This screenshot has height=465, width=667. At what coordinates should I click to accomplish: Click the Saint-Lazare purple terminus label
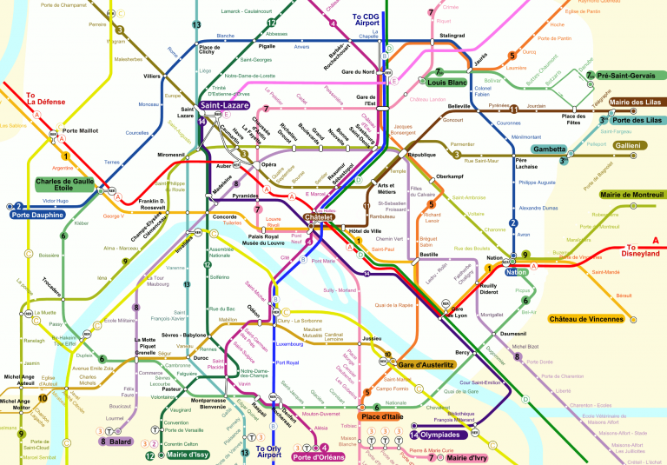[x=223, y=105]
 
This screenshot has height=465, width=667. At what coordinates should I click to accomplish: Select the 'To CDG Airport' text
[x=367, y=22]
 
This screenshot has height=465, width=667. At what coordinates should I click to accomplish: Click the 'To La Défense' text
[x=43, y=101]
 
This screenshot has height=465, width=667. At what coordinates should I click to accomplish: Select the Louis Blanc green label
[x=447, y=83]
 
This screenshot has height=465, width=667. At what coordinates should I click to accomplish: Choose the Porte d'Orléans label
[x=318, y=456]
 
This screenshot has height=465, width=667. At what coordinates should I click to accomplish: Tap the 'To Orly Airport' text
[x=269, y=451]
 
